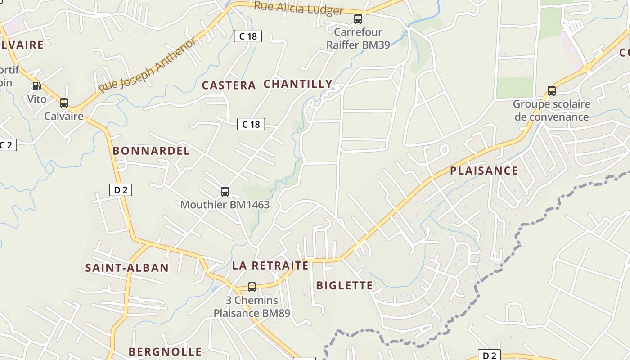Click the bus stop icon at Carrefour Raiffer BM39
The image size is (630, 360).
coord(358,19)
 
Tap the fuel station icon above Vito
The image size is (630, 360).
coord(36,85)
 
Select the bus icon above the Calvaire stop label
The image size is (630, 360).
coord(64,103)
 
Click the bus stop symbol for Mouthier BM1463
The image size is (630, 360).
coord(225,192)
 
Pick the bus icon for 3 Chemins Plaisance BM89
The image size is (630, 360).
coord(252,287)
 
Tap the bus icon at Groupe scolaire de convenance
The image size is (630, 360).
coord(552,91)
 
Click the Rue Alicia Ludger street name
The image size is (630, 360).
coord(299,8)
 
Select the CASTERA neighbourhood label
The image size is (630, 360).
coord(229,85)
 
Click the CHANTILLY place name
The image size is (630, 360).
coord(298,84)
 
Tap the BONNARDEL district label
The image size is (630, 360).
coord(151,151)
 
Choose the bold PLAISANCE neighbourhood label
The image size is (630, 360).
coord(484,171)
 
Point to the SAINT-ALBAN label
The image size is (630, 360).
coord(127,268)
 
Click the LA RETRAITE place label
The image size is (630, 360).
coord(270,265)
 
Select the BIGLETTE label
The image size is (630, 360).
coord(345,285)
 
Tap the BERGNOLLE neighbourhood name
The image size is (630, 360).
coord(165,351)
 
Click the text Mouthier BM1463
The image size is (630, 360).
coord(225,205)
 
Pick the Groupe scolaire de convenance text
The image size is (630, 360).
coord(552,111)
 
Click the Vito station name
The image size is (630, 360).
coord(37,99)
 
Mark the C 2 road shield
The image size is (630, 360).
coord(7,145)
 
